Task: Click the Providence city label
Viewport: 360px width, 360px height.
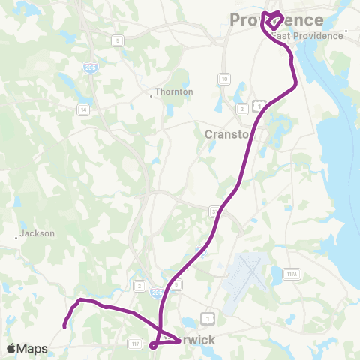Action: pos(277,19)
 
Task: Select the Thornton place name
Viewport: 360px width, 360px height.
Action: pos(174,92)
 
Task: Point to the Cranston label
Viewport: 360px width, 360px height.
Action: pos(226,134)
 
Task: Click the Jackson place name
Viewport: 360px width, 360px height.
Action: pos(37,233)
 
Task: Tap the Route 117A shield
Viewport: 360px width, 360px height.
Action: pos(292,275)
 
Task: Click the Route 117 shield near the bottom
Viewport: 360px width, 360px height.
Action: pos(135,343)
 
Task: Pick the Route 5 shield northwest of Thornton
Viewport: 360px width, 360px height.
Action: pos(118,40)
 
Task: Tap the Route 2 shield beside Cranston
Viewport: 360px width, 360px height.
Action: pos(241,109)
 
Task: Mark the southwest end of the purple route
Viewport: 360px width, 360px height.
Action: pos(64,326)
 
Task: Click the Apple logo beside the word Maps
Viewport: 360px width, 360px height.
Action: pos(10,348)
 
